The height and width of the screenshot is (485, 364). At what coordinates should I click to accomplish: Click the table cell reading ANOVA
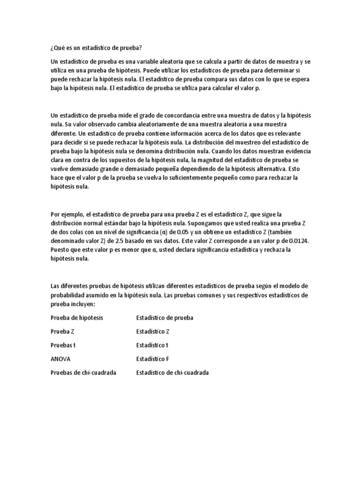pyautogui.click(x=61, y=359)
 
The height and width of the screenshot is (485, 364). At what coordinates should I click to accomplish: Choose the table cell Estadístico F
pyautogui.click(x=152, y=359)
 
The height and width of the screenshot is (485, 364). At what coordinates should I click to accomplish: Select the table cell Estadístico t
pyautogui.click(x=152, y=345)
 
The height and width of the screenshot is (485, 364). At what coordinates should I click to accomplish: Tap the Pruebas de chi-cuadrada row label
pyautogui.click(x=83, y=372)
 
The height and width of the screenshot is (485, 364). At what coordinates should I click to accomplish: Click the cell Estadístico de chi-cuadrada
pyautogui.click(x=173, y=372)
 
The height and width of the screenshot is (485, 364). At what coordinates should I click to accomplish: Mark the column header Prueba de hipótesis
pyautogui.click(x=76, y=317)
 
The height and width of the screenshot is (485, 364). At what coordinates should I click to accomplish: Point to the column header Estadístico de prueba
pyautogui.click(x=164, y=317)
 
